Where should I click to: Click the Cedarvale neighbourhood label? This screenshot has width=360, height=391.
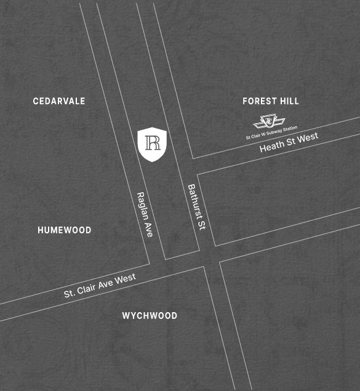(59, 101)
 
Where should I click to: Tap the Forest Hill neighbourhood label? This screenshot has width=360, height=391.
(271, 101)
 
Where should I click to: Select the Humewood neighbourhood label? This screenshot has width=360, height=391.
(64, 230)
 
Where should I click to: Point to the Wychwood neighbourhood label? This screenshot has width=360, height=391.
(150, 316)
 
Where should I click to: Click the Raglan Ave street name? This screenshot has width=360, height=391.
(145, 214)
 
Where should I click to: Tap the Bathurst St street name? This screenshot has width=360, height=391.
(197, 207)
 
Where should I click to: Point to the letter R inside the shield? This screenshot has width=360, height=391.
(153, 143)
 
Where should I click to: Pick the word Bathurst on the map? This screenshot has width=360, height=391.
(194, 200)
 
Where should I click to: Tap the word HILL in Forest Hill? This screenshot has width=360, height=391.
(288, 101)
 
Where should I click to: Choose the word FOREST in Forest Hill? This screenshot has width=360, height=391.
(259, 101)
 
